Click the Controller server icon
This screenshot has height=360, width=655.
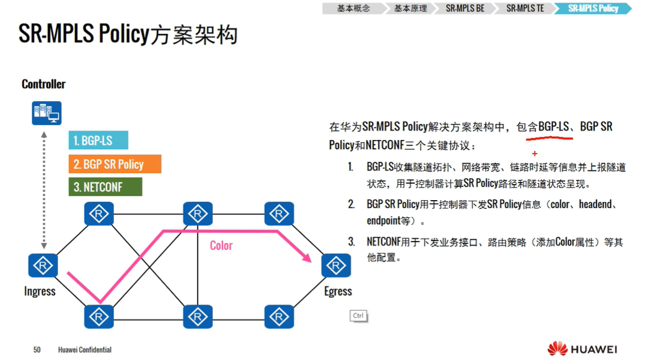(x=46, y=113)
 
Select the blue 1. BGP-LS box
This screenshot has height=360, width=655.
(x=98, y=140)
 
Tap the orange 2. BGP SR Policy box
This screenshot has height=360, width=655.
(x=115, y=164)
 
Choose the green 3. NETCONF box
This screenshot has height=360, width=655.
(x=105, y=187)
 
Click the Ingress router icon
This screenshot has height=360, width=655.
(x=43, y=265)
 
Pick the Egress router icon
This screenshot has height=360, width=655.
(x=336, y=265)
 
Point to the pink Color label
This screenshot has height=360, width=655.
(x=221, y=245)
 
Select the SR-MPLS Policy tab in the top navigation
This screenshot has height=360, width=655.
(x=593, y=8)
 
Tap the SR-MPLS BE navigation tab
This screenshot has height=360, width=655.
(x=465, y=8)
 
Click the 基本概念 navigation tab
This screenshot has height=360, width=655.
(x=353, y=8)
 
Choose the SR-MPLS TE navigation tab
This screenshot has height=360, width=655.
(x=525, y=8)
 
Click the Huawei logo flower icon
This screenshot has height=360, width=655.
(x=557, y=349)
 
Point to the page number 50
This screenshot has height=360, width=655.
(x=37, y=349)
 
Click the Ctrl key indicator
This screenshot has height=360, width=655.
(x=358, y=316)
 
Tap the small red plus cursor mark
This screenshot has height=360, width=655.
(x=535, y=153)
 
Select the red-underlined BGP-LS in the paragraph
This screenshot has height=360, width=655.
(x=554, y=127)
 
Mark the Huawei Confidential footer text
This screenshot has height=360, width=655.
(x=85, y=349)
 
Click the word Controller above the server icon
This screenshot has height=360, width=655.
(x=44, y=84)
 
